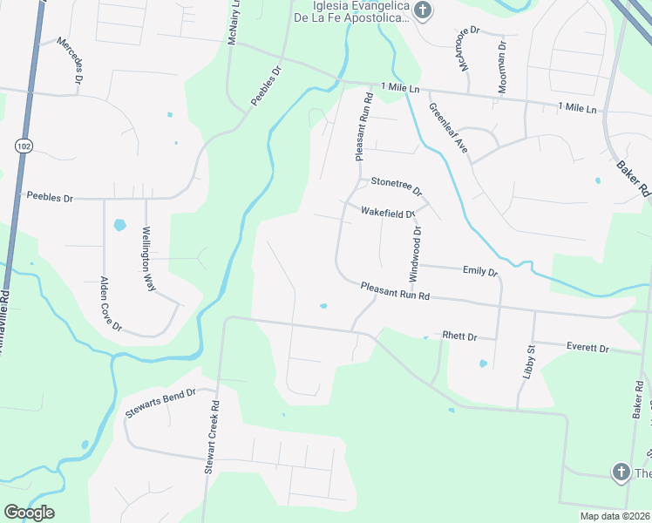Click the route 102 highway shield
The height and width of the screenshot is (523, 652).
tap(23, 146)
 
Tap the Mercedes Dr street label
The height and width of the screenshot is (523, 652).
tap(71, 60)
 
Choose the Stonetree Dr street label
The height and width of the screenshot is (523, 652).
tap(396, 185)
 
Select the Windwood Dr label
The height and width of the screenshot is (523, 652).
tap(416, 254)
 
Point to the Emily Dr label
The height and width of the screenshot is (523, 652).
tap(479, 272)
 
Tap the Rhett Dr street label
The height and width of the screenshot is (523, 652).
tap(459, 336)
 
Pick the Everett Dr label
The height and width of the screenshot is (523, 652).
tap(587, 347)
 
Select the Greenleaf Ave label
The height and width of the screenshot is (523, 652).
tap(448, 129)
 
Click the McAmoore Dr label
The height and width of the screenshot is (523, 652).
tap(466, 50)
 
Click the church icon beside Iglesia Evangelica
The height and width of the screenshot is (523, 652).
tap(423, 11)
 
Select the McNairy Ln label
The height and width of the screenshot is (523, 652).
tap(234, 24)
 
